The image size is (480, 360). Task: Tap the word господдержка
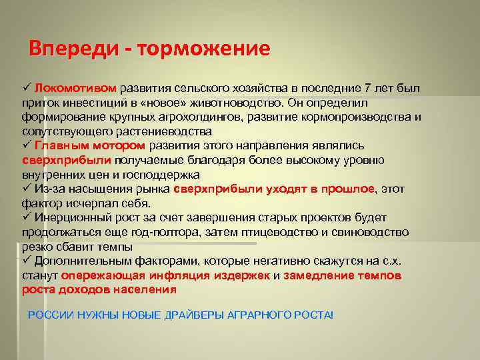(x=159, y=175)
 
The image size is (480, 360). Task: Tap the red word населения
(x=146, y=289)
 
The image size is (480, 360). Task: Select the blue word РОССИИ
(x=45, y=314)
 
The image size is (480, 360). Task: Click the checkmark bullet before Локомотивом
(x=27, y=89)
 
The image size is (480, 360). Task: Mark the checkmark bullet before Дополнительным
(x=27, y=261)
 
